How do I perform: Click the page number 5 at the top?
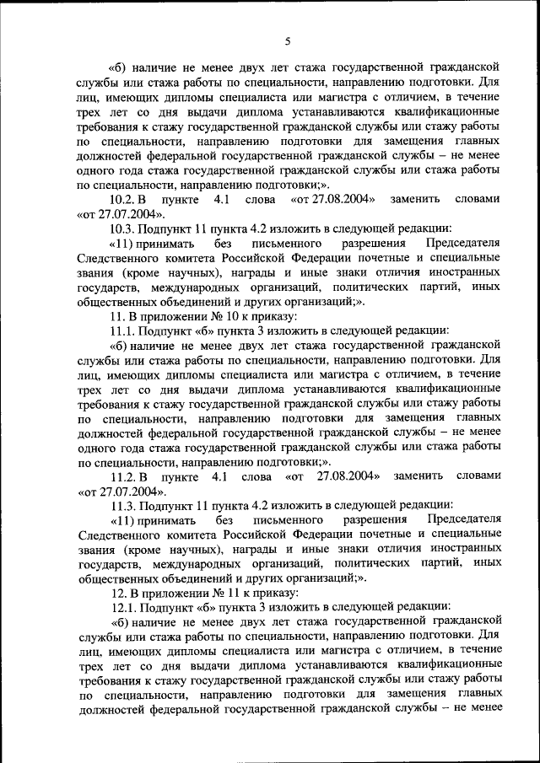point(287,41)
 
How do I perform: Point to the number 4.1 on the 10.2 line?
point(222,199)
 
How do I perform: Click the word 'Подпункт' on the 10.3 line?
point(169,228)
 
